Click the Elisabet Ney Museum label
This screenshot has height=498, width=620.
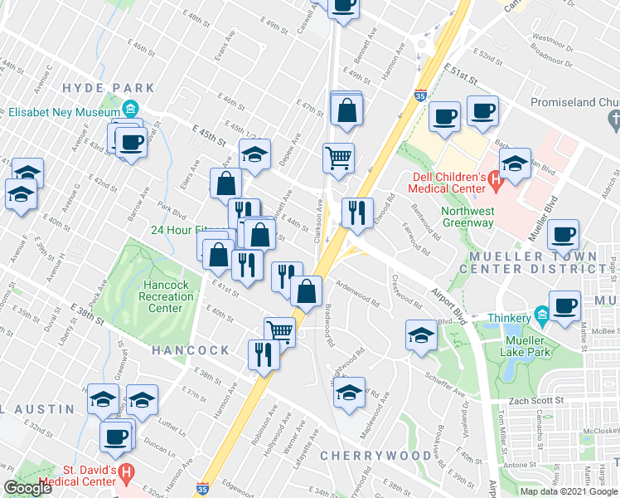(65, 110)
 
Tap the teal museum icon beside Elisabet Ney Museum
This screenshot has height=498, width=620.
(130, 110)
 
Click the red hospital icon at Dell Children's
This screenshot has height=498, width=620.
(496, 178)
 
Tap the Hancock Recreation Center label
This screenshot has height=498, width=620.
(165, 296)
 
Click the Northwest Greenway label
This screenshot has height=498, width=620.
(468, 216)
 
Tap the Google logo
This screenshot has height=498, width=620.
(27, 488)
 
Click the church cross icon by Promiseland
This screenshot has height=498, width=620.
(613, 121)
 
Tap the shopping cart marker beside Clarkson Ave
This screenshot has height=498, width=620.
(337, 157)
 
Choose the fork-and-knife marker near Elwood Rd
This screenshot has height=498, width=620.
(357, 212)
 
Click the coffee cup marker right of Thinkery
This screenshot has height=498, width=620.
(564, 305)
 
